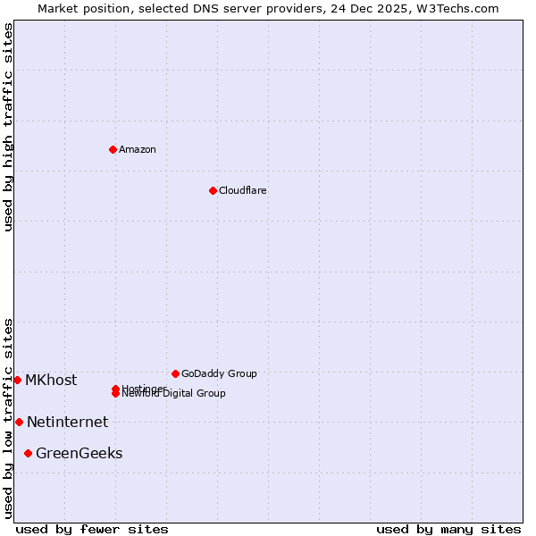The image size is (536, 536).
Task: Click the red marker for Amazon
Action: [113, 149]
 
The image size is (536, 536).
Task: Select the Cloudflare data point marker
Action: [213, 190]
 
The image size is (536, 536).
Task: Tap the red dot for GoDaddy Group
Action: [175, 373]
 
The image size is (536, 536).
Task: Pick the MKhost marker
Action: [17, 380]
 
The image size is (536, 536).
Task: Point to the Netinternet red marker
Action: [19, 422]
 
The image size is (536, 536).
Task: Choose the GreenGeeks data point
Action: [28, 453]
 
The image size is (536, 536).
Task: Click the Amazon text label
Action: [138, 149]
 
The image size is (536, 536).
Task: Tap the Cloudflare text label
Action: [243, 190]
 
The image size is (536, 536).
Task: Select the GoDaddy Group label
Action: [219, 373]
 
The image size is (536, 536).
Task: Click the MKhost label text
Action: [51, 380]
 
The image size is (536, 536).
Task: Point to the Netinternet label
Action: [67, 422]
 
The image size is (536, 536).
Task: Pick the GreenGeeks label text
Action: [79, 453]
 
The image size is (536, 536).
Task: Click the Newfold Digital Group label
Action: [175, 394]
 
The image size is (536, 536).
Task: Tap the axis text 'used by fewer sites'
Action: [92, 529]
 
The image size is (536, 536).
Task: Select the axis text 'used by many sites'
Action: [448, 529]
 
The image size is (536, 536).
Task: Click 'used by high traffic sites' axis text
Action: [8, 127]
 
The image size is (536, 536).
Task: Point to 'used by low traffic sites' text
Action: [8, 418]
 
